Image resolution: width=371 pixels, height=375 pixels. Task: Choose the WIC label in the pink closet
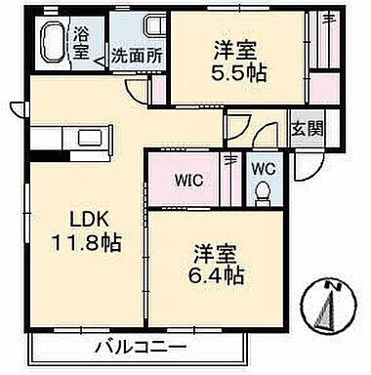[190, 179]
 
